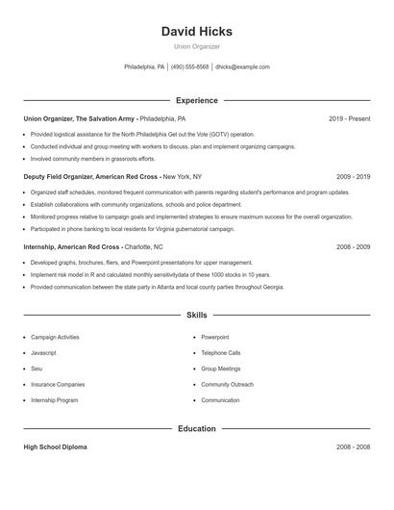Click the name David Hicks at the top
pyautogui.click(x=196, y=32)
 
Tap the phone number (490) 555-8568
pyautogui.click(x=189, y=67)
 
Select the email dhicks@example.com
pyautogui.click(x=242, y=67)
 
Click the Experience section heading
pyautogui.click(x=196, y=100)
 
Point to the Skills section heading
pyautogui.click(x=196, y=315)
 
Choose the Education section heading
pyautogui.click(x=196, y=428)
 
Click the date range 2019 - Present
pyautogui.click(x=349, y=118)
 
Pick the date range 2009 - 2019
pyautogui.click(x=353, y=177)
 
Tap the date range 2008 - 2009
pyautogui.click(x=353, y=247)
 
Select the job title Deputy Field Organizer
pyautogui.click(x=61, y=177)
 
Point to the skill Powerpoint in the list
pyautogui.click(x=215, y=338)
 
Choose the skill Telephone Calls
pyautogui.click(x=221, y=353)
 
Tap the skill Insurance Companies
pyautogui.click(x=59, y=385)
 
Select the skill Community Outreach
pyautogui.click(x=227, y=385)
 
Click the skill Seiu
pyautogui.click(x=37, y=369)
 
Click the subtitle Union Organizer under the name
pyautogui.click(x=196, y=46)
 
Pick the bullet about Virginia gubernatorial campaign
pyautogui.click(x=132, y=229)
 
